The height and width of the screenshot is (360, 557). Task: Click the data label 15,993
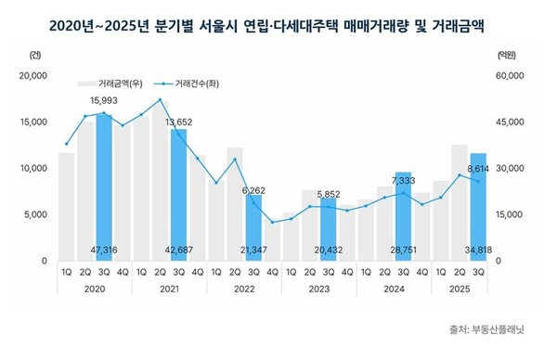click(104, 100)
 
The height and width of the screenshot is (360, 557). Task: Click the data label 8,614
click(477, 168)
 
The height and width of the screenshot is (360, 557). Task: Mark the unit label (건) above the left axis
click(34, 55)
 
